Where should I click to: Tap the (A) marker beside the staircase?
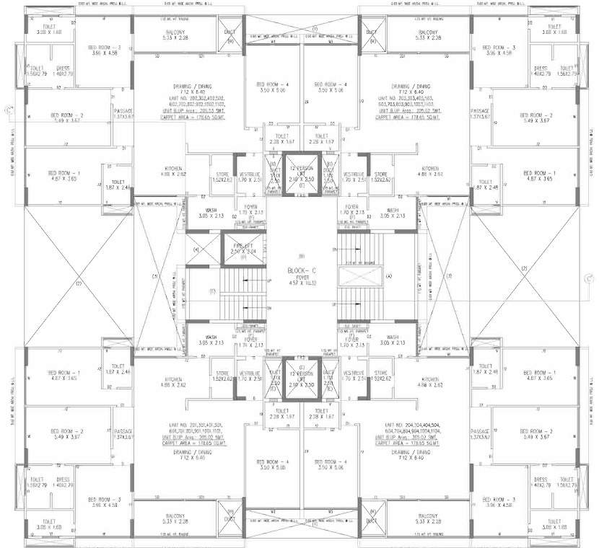(x=389, y=275)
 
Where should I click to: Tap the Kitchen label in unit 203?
(x=430, y=170)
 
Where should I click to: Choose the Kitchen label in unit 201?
(x=172, y=381)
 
